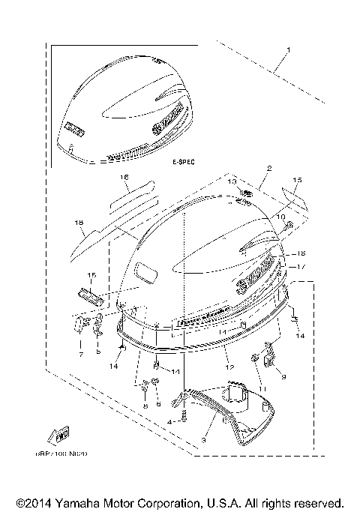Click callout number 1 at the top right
coord(288,51)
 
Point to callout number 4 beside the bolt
coord(169,423)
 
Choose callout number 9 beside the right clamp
coord(283,377)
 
